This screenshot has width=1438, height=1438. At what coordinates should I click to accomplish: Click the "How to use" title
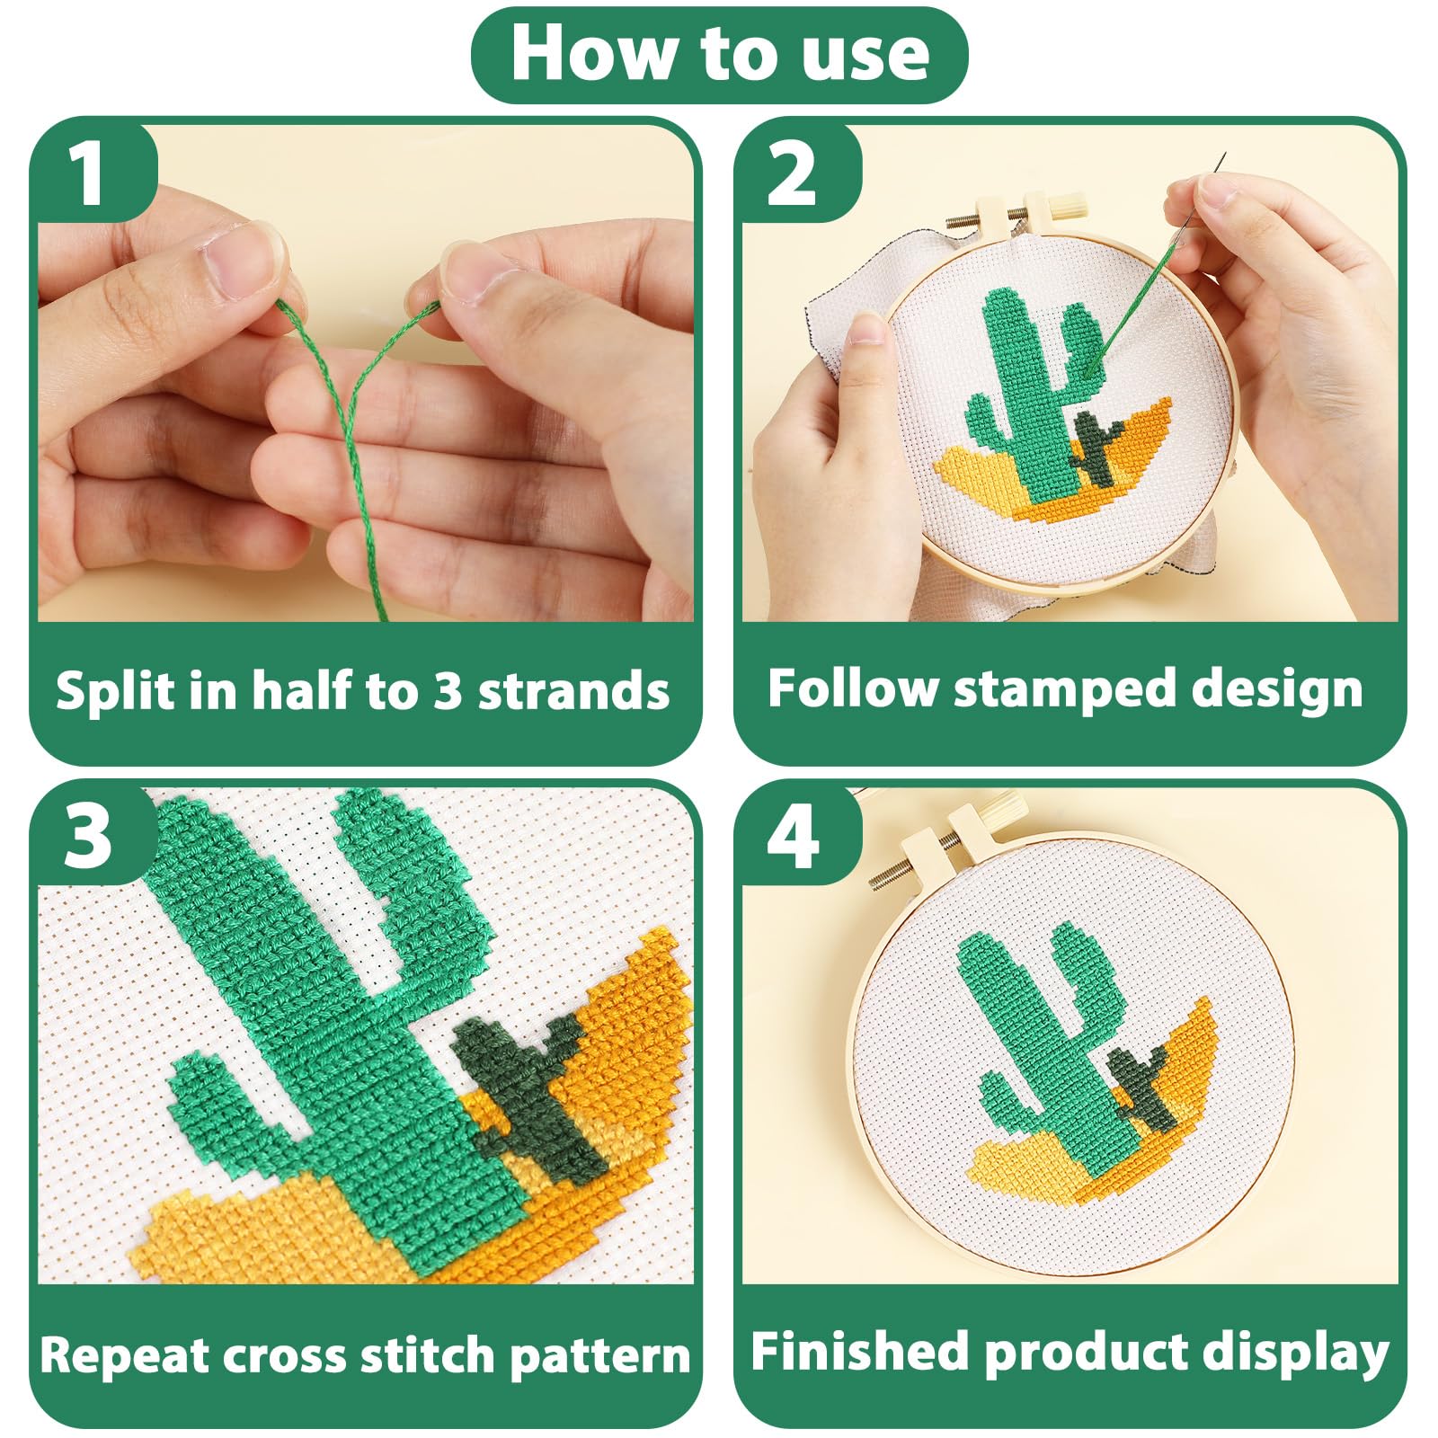tap(720, 54)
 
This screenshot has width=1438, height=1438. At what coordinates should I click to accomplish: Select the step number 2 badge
tap(793, 173)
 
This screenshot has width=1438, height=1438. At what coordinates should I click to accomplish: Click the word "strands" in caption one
tap(573, 690)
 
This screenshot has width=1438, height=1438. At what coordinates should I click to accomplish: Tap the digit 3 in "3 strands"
tap(448, 690)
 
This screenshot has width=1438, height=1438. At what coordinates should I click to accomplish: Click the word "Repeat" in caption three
tap(124, 1355)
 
